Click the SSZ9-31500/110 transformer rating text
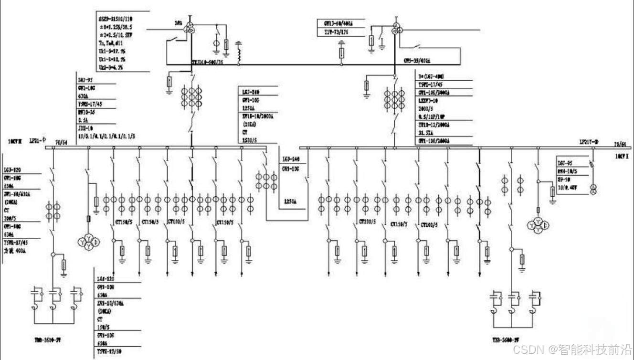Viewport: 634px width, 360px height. (118, 18)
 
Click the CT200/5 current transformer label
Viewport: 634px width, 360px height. (368, 222)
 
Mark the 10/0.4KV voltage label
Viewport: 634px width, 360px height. (569, 189)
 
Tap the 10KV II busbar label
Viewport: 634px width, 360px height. (15, 142)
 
